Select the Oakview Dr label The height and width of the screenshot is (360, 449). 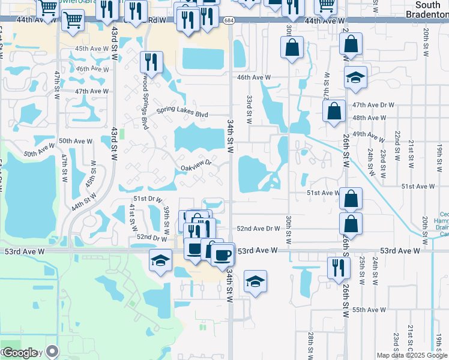tap(196, 163)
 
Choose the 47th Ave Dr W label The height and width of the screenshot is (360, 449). tap(373, 105)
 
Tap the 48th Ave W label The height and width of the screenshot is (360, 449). tap(369, 118)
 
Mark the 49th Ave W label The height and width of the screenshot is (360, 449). tap(369, 135)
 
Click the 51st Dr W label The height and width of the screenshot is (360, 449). tap(148, 199)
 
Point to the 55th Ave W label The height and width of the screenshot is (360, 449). tap(369, 310)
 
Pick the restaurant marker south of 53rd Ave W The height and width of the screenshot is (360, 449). tap(339, 267)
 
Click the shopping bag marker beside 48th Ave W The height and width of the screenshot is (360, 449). tap(334, 110)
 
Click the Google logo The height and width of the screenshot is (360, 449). tap(20, 353)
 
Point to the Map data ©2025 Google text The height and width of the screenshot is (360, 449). tap(411, 355)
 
